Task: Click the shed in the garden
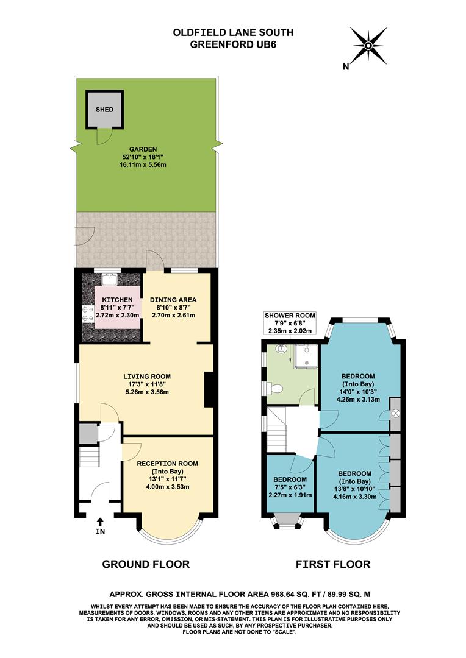(x=104, y=110)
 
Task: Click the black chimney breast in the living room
(x=209, y=389)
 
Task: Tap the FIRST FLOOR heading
(x=333, y=564)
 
